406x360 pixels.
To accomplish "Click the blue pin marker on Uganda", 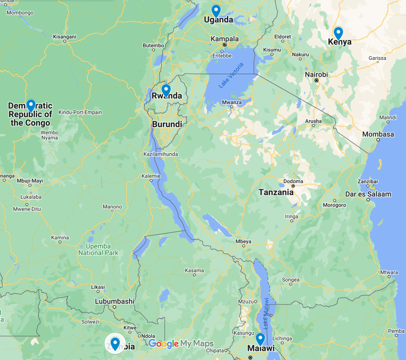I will [x=216, y=10].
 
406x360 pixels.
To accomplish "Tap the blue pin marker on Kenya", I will [x=338, y=33].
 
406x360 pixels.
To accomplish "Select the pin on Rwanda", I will [x=166, y=89].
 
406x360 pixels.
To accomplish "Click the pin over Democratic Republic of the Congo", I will [x=30, y=105].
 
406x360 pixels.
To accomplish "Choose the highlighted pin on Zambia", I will [x=115, y=342].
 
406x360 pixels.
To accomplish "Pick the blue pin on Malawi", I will [x=260, y=339].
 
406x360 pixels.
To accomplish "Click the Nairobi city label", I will [x=317, y=75].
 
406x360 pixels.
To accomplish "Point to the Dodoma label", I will [x=293, y=181].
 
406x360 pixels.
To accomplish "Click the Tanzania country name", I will [x=276, y=193].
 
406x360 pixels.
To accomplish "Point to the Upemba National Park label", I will [x=98, y=249].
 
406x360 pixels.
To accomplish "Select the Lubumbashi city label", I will [x=114, y=301].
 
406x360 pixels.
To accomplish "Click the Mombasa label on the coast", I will [x=378, y=134].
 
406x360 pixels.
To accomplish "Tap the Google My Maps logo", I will [x=180, y=344].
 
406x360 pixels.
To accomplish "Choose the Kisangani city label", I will [x=64, y=37].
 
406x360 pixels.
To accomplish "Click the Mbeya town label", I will [x=243, y=241].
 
